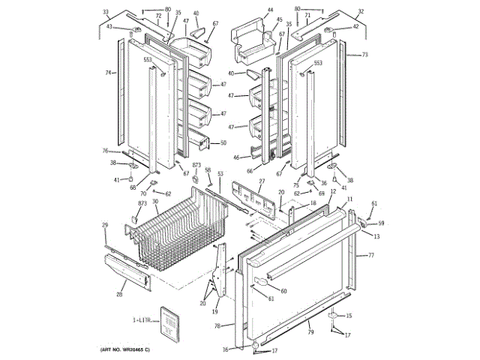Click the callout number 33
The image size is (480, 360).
point(106,12)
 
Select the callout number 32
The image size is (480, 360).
point(361,12)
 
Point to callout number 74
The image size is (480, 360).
point(108,73)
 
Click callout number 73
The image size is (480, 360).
point(364,55)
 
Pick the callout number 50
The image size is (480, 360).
point(223,142)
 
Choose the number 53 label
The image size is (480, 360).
point(220,174)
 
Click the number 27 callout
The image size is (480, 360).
point(262,182)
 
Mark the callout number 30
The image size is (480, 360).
point(155,201)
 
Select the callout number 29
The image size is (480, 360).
point(105,225)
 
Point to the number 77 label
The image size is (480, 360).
point(370,256)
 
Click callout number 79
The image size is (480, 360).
point(309,325)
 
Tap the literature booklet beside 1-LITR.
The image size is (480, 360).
point(170,323)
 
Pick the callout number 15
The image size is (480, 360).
point(348,315)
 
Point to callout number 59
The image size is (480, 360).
point(380,223)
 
